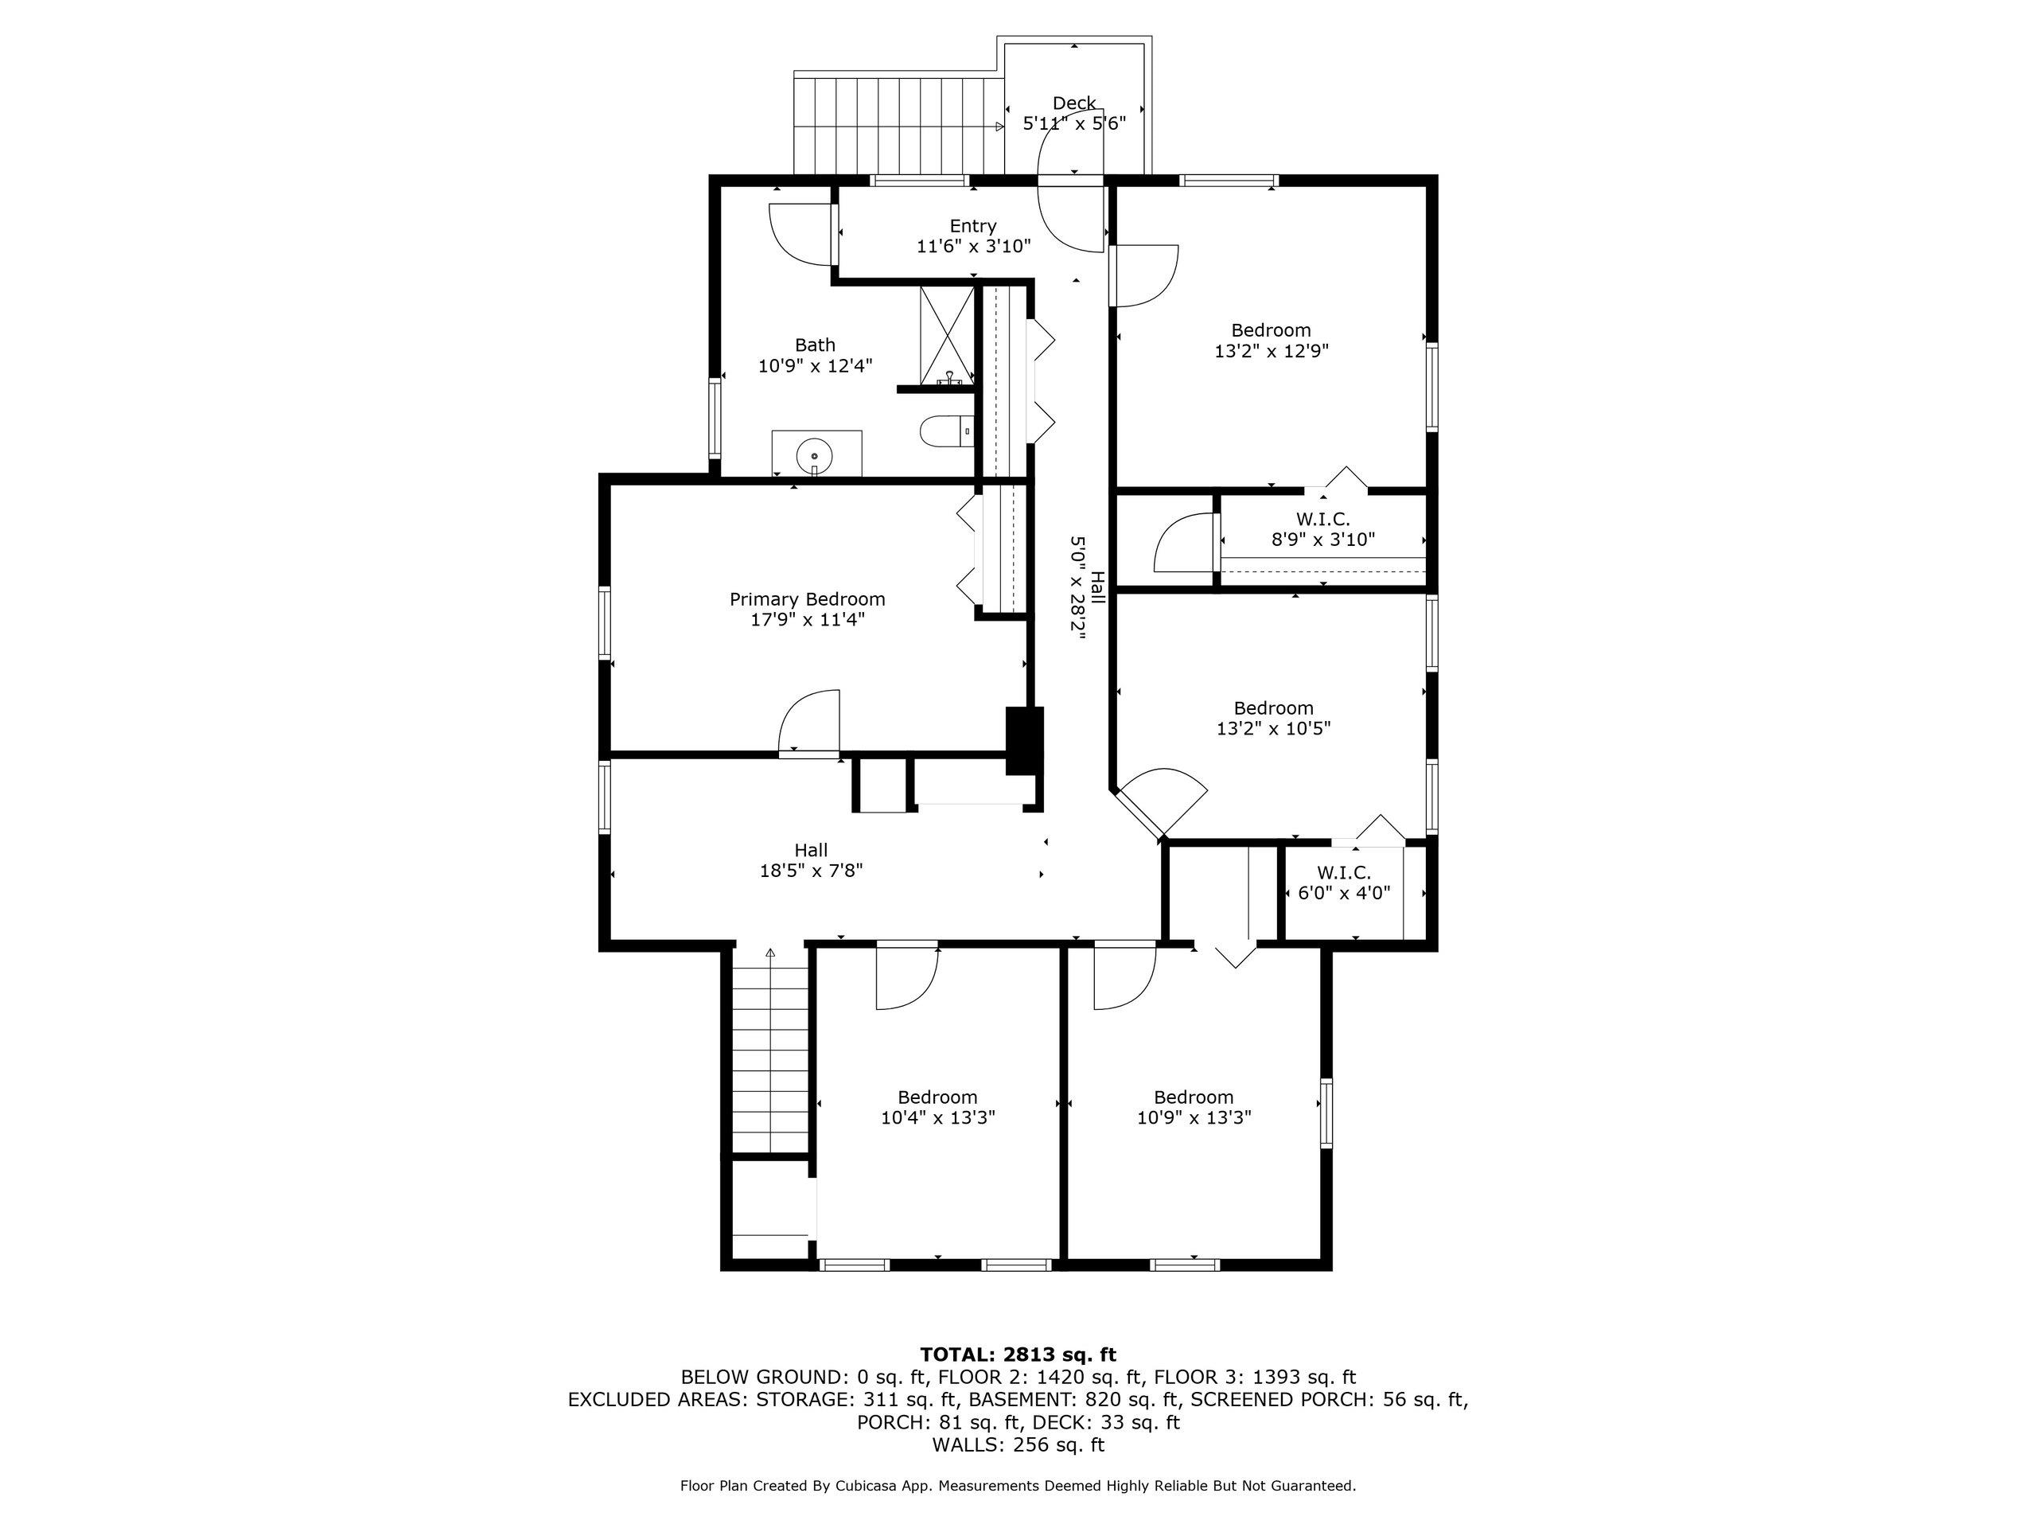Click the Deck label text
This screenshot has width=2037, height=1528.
pyautogui.click(x=1073, y=103)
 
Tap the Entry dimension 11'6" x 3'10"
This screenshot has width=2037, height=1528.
pyautogui.click(x=972, y=247)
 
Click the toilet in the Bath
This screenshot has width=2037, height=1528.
pyautogui.click(x=944, y=431)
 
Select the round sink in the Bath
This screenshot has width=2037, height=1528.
pyautogui.click(x=815, y=454)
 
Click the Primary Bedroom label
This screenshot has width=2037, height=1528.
pyautogui.click(x=807, y=599)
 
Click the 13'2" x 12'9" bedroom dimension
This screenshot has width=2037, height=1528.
pyautogui.click(x=1271, y=351)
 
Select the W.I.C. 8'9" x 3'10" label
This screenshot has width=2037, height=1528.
pyautogui.click(x=1322, y=529)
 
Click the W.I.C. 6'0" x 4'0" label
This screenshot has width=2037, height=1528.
pyautogui.click(x=1344, y=883)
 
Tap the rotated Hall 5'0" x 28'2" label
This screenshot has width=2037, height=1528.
pyautogui.click(x=1088, y=587)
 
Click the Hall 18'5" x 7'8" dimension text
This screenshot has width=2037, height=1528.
pyautogui.click(x=810, y=871)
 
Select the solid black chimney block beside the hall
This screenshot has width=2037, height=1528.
pyautogui.click(x=1024, y=740)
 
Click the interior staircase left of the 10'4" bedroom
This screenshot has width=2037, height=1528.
pyautogui.click(x=770, y=1059)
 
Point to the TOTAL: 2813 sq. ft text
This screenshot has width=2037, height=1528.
pyautogui.click(x=1018, y=1355)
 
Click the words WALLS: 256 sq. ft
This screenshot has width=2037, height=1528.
pyautogui.click(x=1018, y=1445)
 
